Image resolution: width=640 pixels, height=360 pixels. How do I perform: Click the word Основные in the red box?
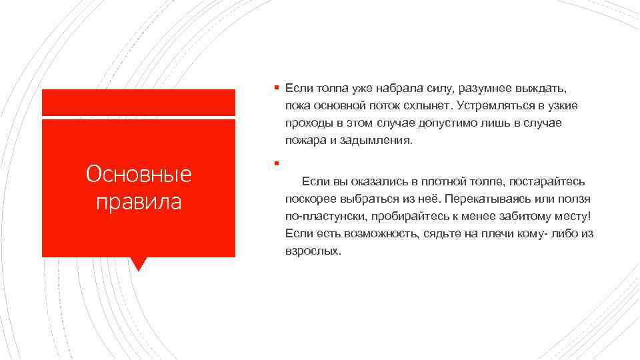(x=139, y=174)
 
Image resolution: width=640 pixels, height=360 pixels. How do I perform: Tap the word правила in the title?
(x=139, y=201)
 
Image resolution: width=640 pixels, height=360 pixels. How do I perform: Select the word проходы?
(x=306, y=123)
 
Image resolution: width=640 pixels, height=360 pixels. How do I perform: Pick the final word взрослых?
(x=312, y=251)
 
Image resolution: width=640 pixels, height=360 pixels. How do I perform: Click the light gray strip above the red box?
(x=139, y=102)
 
